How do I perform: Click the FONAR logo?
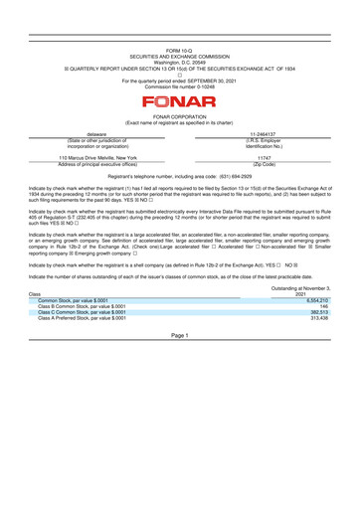click(180, 100)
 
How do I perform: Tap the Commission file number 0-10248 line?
click(180, 86)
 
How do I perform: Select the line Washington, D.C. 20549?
click(180, 61)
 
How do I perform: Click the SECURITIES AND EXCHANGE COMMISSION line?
click(180, 55)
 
